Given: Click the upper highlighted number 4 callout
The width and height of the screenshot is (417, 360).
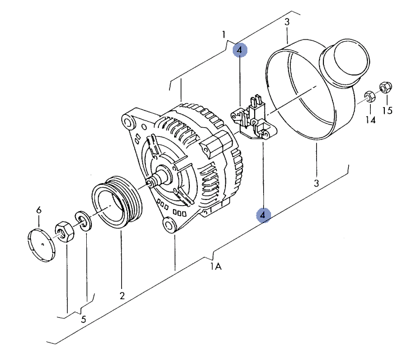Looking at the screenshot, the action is click(240, 50).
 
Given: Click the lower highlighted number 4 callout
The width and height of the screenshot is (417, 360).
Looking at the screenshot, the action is click(263, 215).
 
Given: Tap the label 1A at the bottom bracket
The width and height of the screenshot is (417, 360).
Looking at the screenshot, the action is click(216, 266).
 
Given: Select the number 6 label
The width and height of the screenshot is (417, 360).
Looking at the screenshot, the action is click(39, 210).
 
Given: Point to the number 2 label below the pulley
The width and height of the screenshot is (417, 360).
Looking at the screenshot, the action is click(122, 296).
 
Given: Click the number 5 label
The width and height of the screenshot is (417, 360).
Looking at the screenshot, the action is click(84, 319).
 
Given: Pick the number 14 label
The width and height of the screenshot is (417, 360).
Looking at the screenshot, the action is click(370, 120).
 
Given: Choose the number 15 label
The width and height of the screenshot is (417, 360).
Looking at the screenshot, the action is click(387, 110).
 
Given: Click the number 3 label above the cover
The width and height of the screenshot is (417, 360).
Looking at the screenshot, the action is click(287, 22).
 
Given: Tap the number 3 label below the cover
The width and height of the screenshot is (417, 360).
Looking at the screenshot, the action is click(316, 183).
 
